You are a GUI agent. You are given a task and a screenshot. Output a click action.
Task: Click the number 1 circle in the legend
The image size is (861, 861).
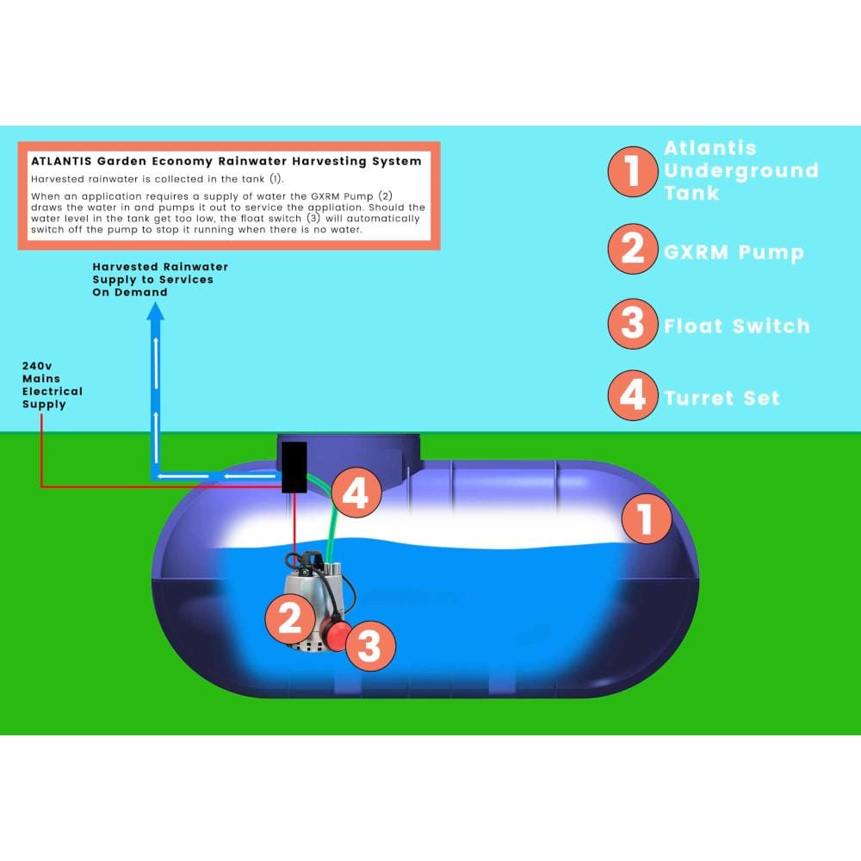(633, 171)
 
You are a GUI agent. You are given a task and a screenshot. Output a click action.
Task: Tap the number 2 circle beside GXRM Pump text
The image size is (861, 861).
(633, 249)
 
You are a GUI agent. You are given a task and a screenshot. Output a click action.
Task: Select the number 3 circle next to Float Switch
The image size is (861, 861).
(633, 324)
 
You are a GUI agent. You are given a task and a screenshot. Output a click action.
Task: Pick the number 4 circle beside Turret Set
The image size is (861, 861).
(633, 395)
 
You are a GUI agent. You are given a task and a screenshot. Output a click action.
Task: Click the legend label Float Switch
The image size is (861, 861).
(737, 326)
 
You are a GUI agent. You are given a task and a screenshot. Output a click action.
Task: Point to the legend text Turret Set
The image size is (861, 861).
(722, 398)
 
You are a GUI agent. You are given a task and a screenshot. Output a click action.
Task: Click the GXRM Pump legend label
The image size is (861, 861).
(734, 252)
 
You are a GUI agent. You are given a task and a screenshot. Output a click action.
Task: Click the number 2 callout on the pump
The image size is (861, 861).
(290, 619)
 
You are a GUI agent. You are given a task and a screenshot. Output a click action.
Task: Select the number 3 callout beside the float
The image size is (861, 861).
(369, 646)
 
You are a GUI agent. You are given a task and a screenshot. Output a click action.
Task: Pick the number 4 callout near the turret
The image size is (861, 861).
(356, 492)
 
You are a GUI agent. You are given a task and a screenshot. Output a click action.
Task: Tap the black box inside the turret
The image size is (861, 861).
(294, 468)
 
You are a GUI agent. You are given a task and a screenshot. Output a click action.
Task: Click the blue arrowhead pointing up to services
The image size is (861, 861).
(155, 312)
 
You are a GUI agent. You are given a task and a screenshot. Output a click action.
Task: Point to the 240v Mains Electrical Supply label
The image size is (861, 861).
(53, 385)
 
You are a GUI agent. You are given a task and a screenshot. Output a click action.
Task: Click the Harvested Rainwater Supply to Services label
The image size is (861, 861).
(160, 280)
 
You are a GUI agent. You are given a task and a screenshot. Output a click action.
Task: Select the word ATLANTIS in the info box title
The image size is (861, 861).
(61, 162)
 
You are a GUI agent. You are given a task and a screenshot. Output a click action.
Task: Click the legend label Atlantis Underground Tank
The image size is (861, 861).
(740, 170)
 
